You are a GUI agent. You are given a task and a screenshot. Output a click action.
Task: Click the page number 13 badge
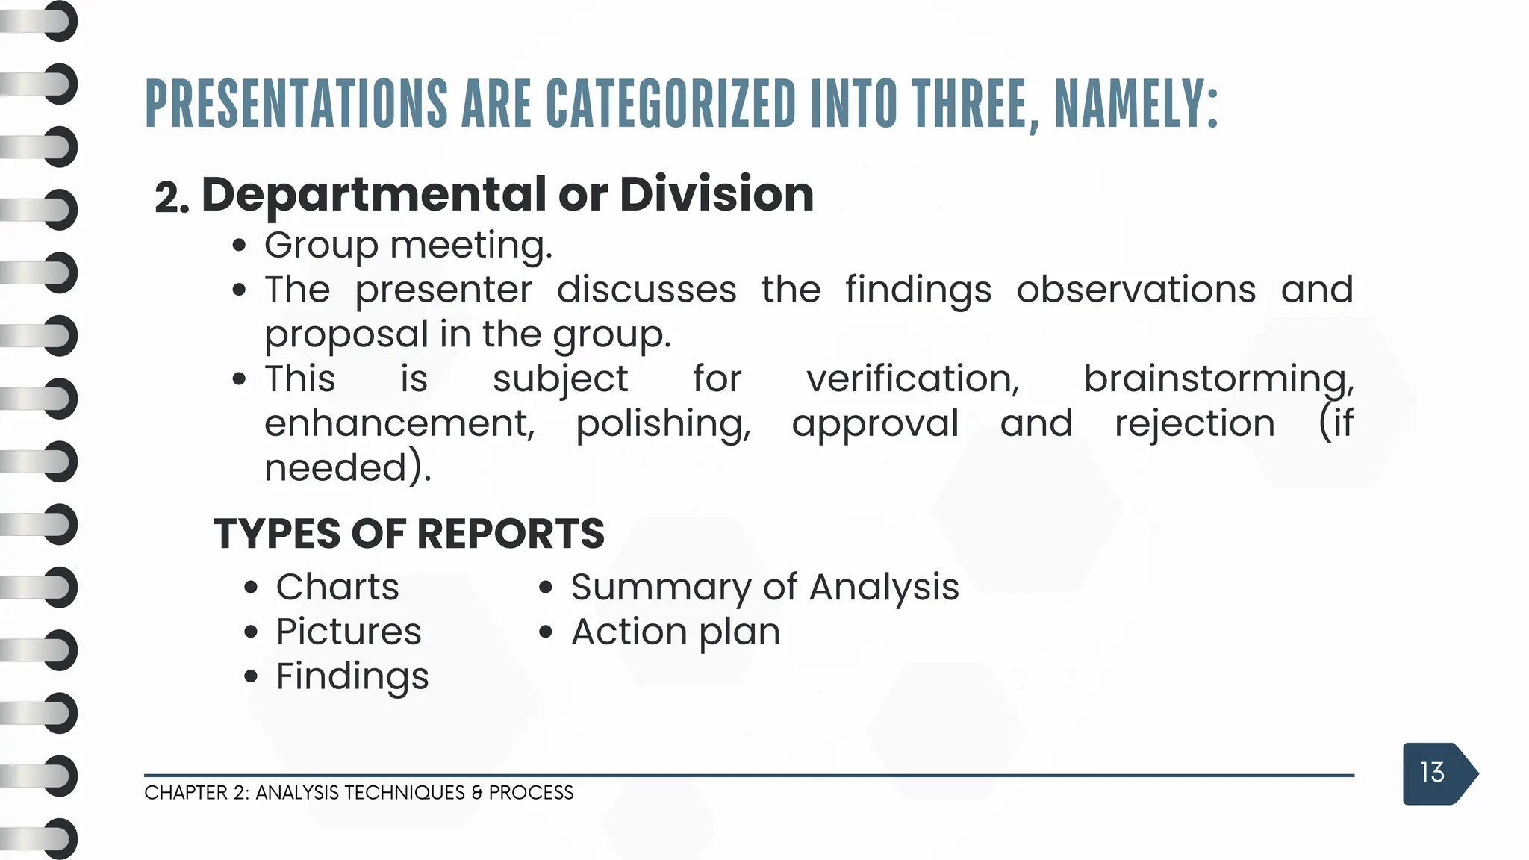point(1433,773)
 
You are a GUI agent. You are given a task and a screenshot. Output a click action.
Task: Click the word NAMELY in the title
point(1135,105)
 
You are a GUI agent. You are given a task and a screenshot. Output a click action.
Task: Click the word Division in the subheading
point(716,194)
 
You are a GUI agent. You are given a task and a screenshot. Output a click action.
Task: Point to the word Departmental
point(373,196)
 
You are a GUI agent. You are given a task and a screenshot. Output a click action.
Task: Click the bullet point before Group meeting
point(239,246)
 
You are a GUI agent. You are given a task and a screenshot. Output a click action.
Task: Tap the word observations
point(1136,290)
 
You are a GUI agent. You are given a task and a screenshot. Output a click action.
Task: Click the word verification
point(912,378)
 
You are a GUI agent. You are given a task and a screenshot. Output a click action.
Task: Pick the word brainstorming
point(1218,378)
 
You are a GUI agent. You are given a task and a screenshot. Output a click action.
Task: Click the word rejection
point(1195,423)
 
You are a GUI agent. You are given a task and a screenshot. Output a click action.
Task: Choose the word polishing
point(663,424)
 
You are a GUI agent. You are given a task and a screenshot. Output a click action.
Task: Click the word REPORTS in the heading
point(510,534)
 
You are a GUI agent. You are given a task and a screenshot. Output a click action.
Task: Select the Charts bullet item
point(337,587)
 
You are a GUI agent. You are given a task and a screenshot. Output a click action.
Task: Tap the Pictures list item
point(349,632)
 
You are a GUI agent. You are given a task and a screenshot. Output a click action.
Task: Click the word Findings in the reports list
point(352,676)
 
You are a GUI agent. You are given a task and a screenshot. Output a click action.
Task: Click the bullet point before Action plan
point(546,632)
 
